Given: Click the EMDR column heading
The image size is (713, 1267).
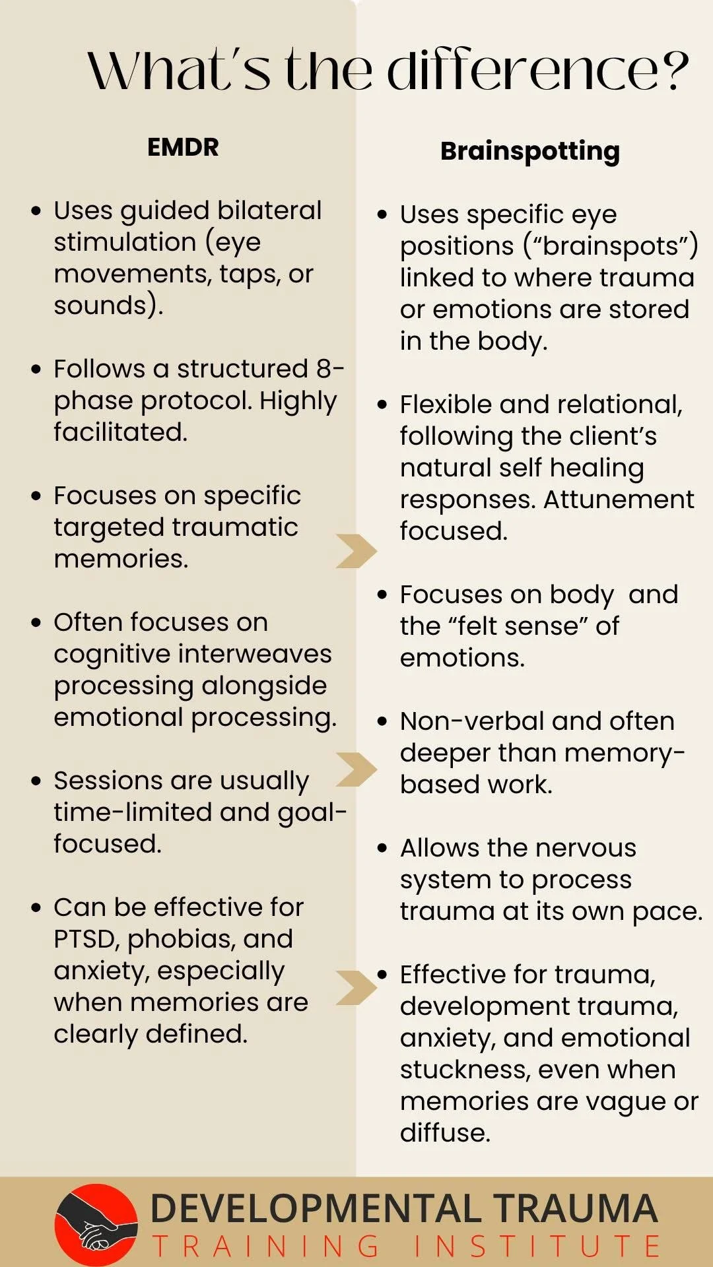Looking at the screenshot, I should coord(183,146).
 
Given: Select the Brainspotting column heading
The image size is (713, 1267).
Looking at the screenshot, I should coord(529,151).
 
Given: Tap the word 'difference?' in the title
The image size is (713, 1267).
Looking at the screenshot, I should coord(537,71).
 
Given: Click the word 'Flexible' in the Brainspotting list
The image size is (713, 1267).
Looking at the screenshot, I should coord(446,405).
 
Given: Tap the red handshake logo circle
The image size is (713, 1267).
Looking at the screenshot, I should coord(96,1225).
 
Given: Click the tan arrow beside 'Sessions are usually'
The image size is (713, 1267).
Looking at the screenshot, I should coord(356,769).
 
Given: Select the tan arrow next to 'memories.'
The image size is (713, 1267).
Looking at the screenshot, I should coord(356,551).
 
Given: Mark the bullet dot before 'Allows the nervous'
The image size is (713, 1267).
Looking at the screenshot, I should coord(382,848).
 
